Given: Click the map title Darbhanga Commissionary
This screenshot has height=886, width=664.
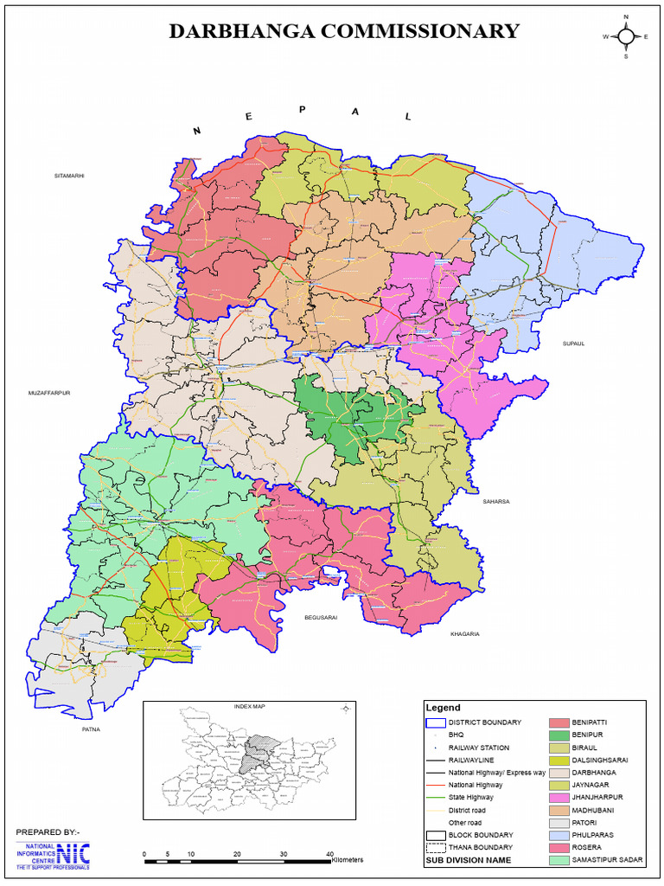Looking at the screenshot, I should tap(343, 32).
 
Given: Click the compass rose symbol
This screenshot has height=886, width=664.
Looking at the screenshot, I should tap(626, 36).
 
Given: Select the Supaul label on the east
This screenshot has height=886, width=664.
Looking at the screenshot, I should tap(573, 343).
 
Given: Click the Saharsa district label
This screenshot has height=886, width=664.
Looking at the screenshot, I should tap(497, 500).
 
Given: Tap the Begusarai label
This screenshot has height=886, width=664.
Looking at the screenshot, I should tap(319, 618).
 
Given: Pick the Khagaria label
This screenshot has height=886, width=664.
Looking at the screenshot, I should tap(464, 634).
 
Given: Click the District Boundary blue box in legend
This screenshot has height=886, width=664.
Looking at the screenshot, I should tap(435, 722).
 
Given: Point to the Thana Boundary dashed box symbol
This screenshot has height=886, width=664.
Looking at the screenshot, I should tap(435, 847).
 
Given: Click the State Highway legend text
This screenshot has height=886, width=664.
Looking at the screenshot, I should tap(470, 797).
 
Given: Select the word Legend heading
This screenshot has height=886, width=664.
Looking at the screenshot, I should tap(443, 708).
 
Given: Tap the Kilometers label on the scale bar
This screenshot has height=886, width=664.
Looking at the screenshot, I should tap(347, 859).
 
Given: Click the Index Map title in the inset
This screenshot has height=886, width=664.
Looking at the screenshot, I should tap(249, 707).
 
